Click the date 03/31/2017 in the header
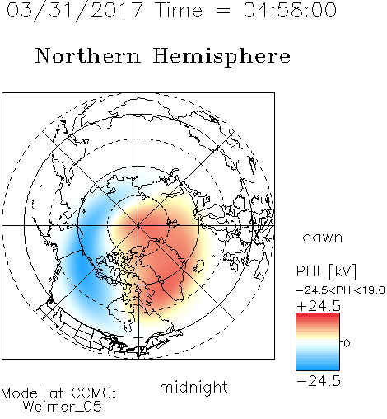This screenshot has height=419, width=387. pyautogui.click(x=74, y=10)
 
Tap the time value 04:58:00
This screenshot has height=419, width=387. pyautogui.click(x=290, y=10)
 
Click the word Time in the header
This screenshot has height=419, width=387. pyautogui.click(x=179, y=10)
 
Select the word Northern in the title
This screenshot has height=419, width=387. pyautogui.click(x=87, y=55)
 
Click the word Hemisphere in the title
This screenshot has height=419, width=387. pyautogui.click(x=221, y=57)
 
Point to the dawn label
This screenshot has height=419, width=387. pyautogui.click(x=323, y=237)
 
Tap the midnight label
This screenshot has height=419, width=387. pyautogui.click(x=193, y=387)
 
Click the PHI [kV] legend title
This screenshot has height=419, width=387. pyautogui.click(x=326, y=271)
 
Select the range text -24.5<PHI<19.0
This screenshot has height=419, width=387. pyautogui.click(x=341, y=290)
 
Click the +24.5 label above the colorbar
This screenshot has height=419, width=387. pyautogui.click(x=319, y=306)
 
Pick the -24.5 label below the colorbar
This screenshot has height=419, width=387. pyautogui.click(x=319, y=381)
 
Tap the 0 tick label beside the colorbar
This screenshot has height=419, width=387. pyautogui.click(x=347, y=343)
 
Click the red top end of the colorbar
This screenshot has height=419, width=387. pyautogui.click(x=318, y=316)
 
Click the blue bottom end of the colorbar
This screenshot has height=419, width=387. pyautogui.click(x=318, y=368)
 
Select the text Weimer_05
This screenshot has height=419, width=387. pyautogui.click(x=63, y=407)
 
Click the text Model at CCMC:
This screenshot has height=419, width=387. pyautogui.click(x=58, y=393)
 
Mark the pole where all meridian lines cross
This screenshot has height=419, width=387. pyautogui.click(x=138, y=225)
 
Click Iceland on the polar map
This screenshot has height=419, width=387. pyautogui.click(x=198, y=266)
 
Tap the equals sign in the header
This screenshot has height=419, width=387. pyautogui.click(x=223, y=11)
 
